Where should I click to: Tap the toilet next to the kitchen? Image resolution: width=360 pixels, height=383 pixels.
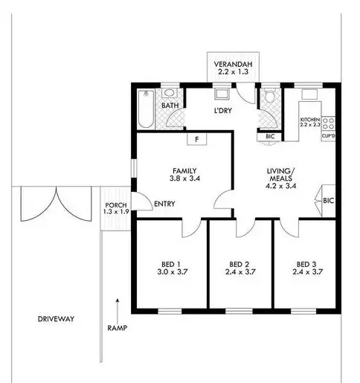tap(269, 97)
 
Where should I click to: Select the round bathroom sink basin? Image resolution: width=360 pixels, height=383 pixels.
tap(170, 94)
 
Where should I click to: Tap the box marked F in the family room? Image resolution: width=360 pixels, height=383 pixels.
tap(196, 139)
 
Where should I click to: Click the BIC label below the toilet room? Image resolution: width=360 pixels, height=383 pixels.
tap(269, 137)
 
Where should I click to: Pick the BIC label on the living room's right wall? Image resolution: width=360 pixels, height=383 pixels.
tap(328, 201)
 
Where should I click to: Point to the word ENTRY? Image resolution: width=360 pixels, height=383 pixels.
tap(164, 205)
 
